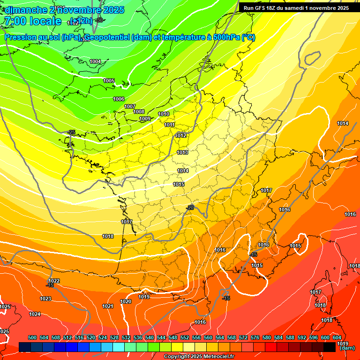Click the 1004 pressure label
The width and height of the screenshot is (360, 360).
coord(95,61)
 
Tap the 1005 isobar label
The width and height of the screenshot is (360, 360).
coord(109,81)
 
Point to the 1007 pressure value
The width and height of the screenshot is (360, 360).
coord(130,106)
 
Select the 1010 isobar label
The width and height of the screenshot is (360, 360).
coord(164,114)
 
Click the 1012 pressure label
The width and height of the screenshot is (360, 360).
coord(181,135)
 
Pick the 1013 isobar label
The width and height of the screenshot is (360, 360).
coord(183,152)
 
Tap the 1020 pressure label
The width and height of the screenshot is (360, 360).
coord(126,301)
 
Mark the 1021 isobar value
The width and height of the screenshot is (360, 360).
coord(108,306)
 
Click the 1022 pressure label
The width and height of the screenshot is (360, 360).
coord(54,281)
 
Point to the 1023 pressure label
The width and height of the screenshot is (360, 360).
coord(45,299)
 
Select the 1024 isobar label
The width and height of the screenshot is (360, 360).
coord(35,314)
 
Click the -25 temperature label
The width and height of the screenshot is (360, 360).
coord(71,132)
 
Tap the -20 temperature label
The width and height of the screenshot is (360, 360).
coord(190,207)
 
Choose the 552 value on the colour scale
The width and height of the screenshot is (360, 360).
coord(185,337)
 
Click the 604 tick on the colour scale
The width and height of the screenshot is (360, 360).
coord(337,337)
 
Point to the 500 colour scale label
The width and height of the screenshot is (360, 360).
coord(32,337)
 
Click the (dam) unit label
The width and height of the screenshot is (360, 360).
coord(347,348)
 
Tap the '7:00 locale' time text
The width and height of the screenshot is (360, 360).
coord(32,21)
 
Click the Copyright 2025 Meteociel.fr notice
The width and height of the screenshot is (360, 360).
coord(199,356)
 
